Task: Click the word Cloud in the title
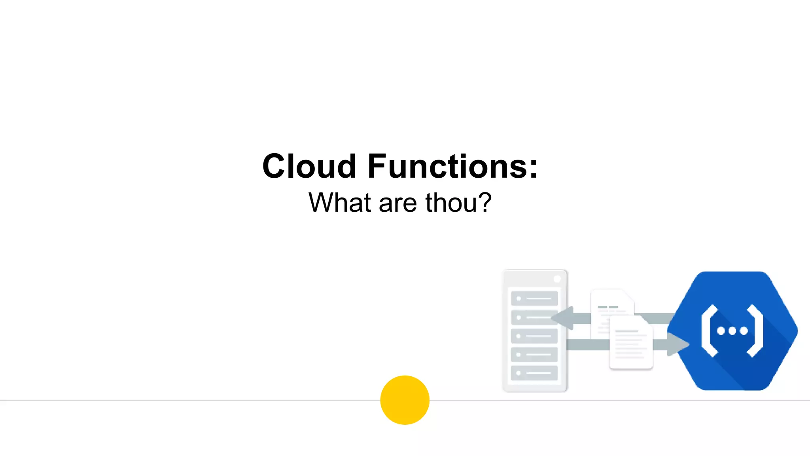click(309, 166)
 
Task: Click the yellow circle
click(405, 400)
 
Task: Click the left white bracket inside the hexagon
click(709, 331)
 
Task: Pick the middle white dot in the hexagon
click(732, 331)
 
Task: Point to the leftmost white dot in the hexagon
click(721, 331)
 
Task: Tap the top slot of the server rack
click(534, 298)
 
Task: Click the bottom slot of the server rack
click(534, 373)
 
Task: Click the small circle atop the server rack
click(557, 279)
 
